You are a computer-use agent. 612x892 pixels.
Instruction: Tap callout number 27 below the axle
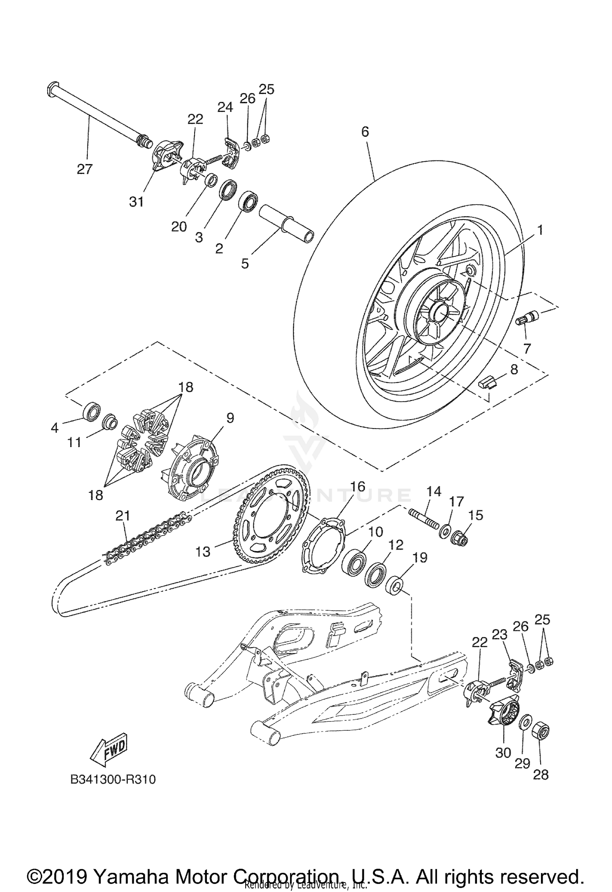coord(84,169)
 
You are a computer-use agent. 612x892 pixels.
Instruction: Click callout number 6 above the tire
coord(365,131)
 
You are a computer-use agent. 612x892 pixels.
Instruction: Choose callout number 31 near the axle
coord(136,201)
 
